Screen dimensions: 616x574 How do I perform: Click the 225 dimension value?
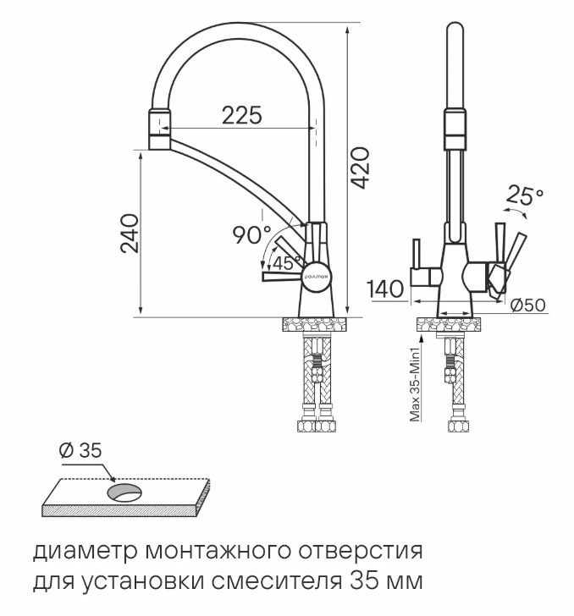[241, 114]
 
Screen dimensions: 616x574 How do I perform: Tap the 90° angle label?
[251, 234]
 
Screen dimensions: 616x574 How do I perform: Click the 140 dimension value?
[387, 289]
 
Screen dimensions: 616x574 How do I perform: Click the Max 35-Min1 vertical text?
[416, 384]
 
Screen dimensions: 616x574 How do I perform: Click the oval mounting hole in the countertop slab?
[125, 493]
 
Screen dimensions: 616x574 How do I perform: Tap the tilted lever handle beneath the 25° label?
[515, 248]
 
